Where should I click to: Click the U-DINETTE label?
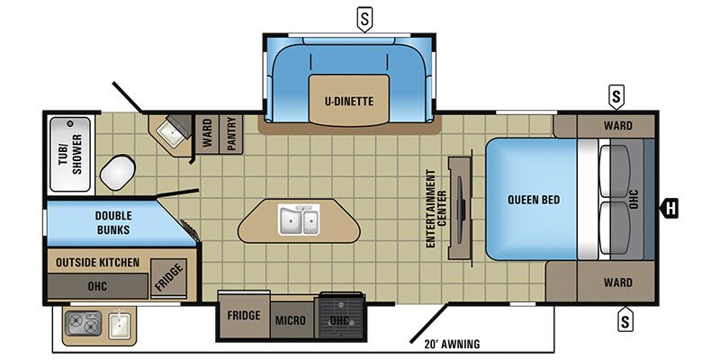(x=349, y=102)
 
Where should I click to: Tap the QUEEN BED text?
(x=528, y=199)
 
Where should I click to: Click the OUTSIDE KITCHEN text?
(x=98, y=262)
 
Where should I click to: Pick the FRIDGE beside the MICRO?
(x=243, y=316)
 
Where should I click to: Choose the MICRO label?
(x=290, y=320)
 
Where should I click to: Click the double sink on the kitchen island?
(x=298, y=220)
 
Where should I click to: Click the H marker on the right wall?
(x=669, y=211)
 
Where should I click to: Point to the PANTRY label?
(x=230, y=133)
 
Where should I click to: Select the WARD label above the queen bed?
(x=617, y=125)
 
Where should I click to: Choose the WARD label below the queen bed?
(x=617, y=283)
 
